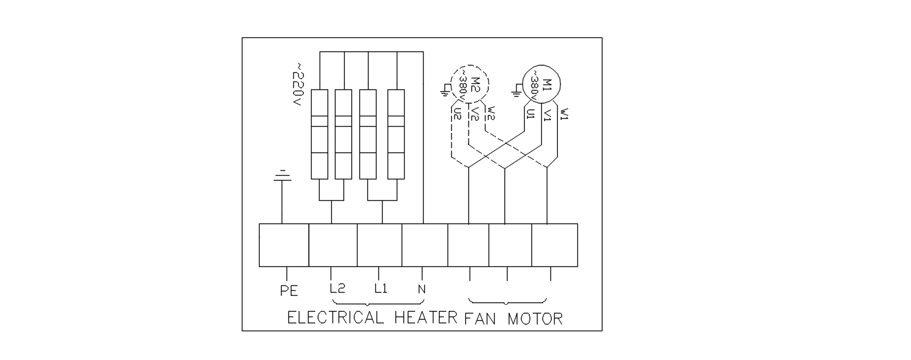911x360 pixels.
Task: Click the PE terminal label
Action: [x=289, y=290]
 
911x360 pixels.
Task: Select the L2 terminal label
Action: [x=337, y=288]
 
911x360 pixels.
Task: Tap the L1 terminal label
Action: [x=381, y=288]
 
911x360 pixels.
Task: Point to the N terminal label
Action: [x=422, y=289]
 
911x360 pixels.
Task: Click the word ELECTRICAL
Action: [x=336, y=318]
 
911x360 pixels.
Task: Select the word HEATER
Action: [x=426, y=318]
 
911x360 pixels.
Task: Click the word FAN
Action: [x=481, y=318]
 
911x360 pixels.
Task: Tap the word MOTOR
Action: [x=535, y=318]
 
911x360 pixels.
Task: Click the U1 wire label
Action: [x=530, y=114]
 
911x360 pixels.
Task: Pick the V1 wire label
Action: [x=547, y=114]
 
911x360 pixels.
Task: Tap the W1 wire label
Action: [x=564, y=113]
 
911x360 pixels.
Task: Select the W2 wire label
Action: [x=491, y=113]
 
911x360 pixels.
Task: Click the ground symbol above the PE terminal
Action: [x=282, y=176]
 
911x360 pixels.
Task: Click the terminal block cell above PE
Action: [x=284, y=246]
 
